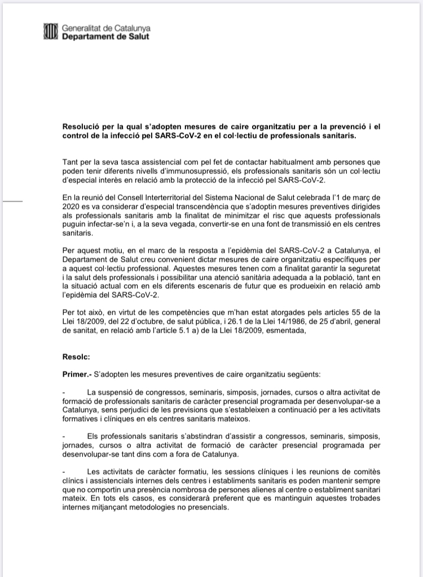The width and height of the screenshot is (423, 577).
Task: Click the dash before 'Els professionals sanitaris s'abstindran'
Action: point(64,437)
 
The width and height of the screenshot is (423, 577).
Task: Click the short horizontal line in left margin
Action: point(12,200)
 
